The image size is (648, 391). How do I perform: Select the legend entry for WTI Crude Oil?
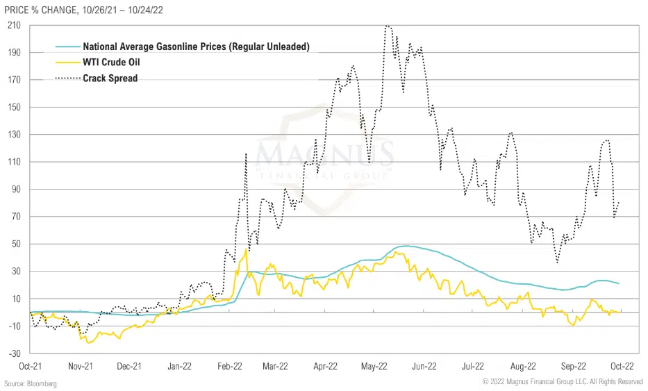tap(112, 63)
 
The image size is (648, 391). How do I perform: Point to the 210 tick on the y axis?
tap(14, 25)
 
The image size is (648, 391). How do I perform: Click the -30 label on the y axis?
tap(14, 353)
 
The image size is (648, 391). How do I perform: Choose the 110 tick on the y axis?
tap(14, 162)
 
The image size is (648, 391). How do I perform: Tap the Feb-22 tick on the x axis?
tap(229, 365)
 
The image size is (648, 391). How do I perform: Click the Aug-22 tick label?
tap(523, 365)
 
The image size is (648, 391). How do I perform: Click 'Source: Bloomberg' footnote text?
tap(30, 383)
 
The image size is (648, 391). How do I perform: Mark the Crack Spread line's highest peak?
tap(388, 26)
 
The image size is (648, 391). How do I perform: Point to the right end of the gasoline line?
tap(619, 283)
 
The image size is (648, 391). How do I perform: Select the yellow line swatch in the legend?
tap(66, 63)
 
